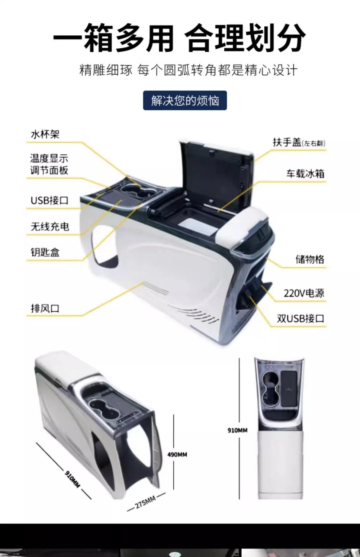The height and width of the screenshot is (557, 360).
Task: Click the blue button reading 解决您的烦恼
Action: coord(185,100)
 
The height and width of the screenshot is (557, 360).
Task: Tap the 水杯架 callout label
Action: coord(45,135)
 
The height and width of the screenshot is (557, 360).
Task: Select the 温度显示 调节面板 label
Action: coord(49,164)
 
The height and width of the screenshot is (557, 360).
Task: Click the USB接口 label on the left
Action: coord(49,200)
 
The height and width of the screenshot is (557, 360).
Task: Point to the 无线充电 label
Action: coord(50,226)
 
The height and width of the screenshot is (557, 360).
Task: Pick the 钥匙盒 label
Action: coord(45,252)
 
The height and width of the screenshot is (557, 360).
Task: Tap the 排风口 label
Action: coord(45,308)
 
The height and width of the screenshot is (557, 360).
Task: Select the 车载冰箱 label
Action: coord(305,174)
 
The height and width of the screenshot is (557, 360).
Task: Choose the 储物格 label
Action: coord(310,260)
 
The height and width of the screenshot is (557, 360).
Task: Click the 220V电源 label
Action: coord(304,293)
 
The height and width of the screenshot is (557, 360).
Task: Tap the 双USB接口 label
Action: coord(301,319)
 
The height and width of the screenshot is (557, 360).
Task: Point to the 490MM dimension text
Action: coord(177,455)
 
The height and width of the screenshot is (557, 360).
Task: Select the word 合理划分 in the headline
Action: coord(245,38)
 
